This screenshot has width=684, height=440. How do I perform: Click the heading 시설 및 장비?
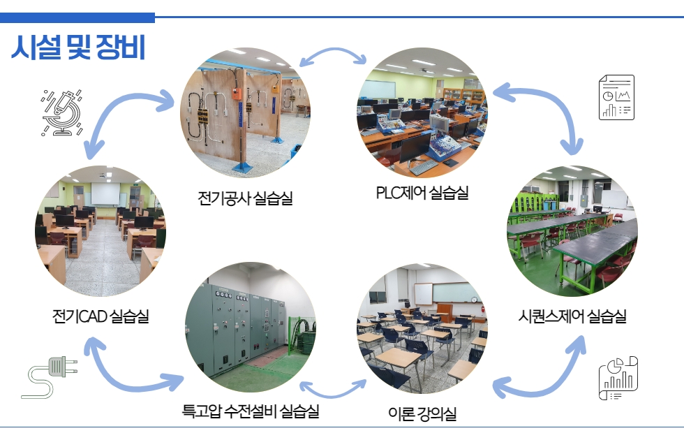pyautogui.click(x=78, y=47)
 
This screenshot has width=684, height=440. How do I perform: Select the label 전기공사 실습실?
pyautogui.click(x=245, y=198)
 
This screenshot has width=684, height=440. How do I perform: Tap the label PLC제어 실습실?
pyautogui.click(x=422, y=193)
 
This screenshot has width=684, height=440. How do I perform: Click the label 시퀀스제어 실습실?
pyautogui.click(x=572, y=316)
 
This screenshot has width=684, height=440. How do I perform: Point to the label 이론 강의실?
pyautogui.click(x=422, y=413)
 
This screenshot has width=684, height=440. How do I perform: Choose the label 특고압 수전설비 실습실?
pyautogui.click(x=251, y=411)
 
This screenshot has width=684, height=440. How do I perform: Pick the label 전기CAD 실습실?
pyautogui.click(x=101, y=316)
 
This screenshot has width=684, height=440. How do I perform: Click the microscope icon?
pyautogui.click(x=62, y=112)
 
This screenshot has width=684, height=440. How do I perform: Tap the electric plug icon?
pyautogui.click(x=50, y=377)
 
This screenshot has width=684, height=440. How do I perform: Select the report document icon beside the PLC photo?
pyautogui.click(x=616, y=97)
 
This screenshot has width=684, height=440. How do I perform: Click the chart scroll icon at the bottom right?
pyautogui.click(x=618, y=378)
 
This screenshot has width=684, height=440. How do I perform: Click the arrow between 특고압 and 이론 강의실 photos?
pyautogui.click(x=333, y=393)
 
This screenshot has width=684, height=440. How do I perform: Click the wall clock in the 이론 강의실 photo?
pyautogui.click(x=474, y=300)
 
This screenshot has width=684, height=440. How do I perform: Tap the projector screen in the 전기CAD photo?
pyautogui.click(x=105, y=194)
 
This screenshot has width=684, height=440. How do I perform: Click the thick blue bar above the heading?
pyautogui.click(x=77, y=17)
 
